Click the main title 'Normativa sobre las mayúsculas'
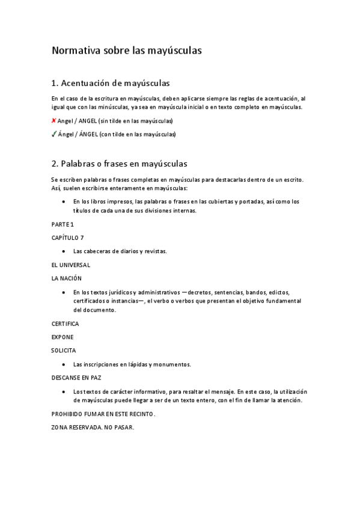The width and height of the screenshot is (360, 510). (x=126, y=51)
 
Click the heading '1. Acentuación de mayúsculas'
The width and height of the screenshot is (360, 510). (x=111, y=82)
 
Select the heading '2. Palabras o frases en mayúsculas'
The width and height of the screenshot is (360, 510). (x=120, y=164)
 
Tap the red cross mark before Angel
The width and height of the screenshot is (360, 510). (x=53, y=121)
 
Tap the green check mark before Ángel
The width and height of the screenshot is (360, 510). (x=53, y=134)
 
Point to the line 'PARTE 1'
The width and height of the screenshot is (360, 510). (x=63, y=224)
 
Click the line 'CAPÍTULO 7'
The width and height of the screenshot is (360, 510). (x=67, y=238)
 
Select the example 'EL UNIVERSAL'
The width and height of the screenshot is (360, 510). (x=71, y=265)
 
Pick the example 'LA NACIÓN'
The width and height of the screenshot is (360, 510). (x=66, y=278)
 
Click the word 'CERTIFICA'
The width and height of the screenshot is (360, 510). (x=66, y=324)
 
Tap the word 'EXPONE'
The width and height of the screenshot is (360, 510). (x=63, y=337)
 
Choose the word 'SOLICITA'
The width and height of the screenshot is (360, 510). (x=64, y=351)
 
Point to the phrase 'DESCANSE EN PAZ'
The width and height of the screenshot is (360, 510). (x=76, y=378)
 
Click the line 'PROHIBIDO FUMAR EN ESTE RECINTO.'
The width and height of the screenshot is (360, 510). (x=103, y=414)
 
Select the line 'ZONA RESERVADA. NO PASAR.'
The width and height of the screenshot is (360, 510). (x=93, y=428)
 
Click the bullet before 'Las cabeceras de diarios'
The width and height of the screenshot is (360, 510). (x=64, y=251)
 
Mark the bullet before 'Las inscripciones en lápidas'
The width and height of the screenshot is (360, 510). (x=64, y=364)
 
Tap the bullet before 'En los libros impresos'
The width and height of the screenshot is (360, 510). (x=64, y=202)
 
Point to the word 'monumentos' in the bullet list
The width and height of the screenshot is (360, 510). (x=174, y=364)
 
